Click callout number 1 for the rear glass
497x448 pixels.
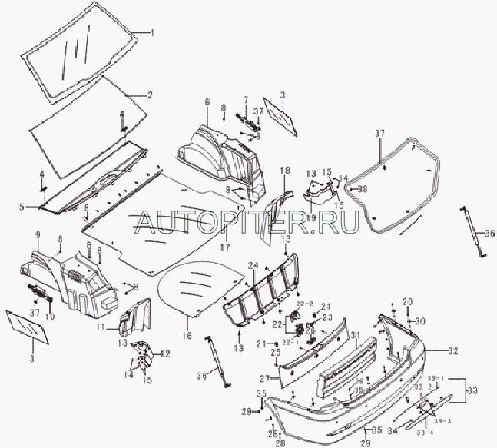151,33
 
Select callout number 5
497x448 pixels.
22,206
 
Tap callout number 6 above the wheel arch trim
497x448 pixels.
207,101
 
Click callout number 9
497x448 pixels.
37,233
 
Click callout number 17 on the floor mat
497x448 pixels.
225,247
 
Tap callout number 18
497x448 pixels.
284,169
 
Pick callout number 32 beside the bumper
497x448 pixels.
452,350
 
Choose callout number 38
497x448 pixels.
363,188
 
